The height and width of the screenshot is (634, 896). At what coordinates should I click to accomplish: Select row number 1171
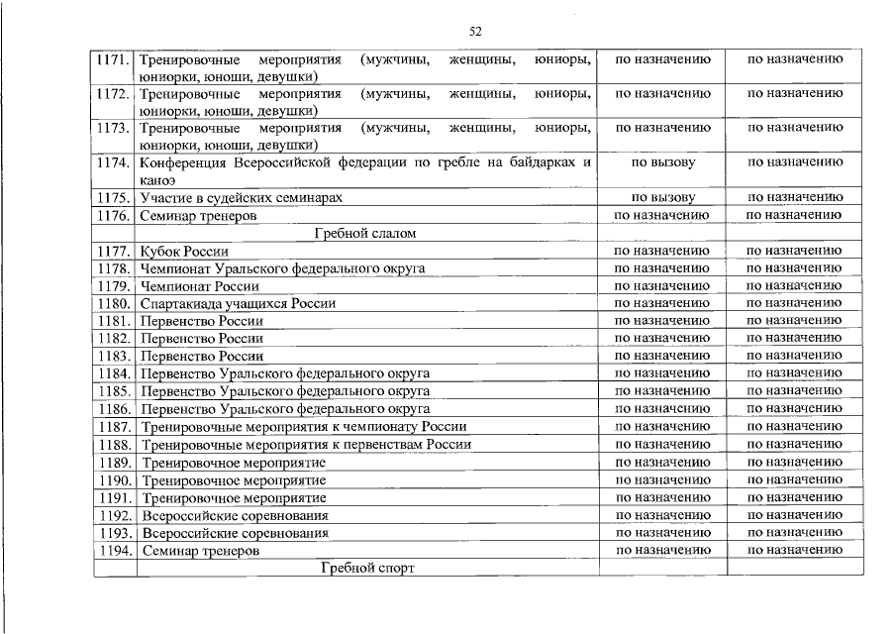[114, 59]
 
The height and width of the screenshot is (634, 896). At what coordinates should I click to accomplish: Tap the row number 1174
[114, 162]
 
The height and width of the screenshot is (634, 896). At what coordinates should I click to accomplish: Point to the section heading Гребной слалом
[364, 234]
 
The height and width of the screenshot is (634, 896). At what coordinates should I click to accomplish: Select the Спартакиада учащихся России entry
[238, 303]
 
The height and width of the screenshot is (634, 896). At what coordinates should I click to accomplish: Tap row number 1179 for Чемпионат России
[114, 286]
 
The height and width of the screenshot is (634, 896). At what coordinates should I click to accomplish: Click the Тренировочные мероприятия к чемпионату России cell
[304, 427]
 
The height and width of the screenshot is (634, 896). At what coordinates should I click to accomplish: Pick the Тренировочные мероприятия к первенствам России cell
[306, 445]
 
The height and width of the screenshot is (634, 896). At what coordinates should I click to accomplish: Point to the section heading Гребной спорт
[365, 569]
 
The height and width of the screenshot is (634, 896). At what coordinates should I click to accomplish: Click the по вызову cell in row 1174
[662, 162]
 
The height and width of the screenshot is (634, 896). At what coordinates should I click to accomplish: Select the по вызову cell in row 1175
[662, 198]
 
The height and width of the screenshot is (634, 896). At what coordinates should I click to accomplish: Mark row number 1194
[114, 550]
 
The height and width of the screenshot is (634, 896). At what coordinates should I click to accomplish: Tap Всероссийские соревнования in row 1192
[235, 515]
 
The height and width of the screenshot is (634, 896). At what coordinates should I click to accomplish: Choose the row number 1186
[114, 409]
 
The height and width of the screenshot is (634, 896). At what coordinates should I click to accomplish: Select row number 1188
[114, 445]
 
